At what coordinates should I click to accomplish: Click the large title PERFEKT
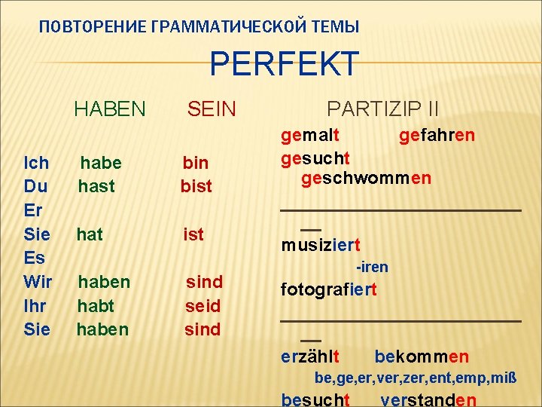point(285,65)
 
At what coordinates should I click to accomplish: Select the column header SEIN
point(212,110)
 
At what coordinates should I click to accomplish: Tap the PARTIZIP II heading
point(383,109)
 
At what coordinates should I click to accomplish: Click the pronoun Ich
point(37,163)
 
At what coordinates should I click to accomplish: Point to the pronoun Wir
point(38,282)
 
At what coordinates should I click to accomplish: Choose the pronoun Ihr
point(36,306)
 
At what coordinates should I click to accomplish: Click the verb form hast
point(96,186)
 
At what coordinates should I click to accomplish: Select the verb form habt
point(96,306)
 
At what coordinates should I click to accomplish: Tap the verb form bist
point(196,186)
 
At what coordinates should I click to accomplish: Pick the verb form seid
point(203,306)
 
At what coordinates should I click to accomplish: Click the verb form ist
point(193,234)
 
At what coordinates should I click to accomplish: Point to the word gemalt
point(310,136)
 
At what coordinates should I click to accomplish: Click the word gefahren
point(437,136)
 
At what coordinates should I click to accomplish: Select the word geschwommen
point(367,179)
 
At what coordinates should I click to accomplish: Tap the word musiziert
point(321,246)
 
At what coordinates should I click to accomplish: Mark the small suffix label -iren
point(372,268)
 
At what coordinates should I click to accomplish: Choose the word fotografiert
point(329,289)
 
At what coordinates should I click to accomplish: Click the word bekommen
point(422,357)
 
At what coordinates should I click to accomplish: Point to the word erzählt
point(310,357)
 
